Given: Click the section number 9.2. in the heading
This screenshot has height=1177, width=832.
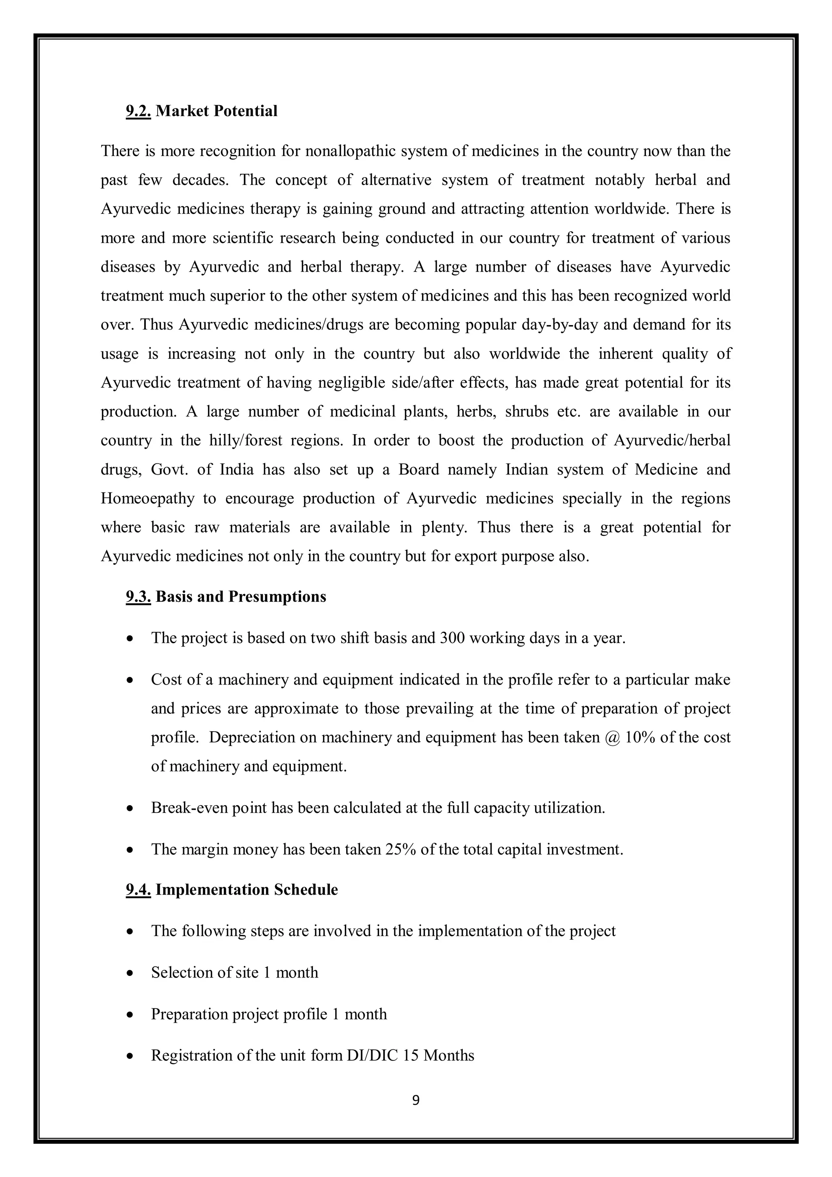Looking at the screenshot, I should pyautogui.click(x=138, y=111).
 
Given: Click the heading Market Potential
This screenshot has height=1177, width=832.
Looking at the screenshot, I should pyautogui.click(x=217, y=111).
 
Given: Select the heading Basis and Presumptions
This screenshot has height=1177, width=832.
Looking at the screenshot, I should pyautogui.click(x=240, y=597).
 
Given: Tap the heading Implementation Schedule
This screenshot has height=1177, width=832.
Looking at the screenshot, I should pyautogui.click(x=247, y=889).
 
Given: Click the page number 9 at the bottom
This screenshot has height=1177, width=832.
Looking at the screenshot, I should pyautogui.click(x=416, y=1100).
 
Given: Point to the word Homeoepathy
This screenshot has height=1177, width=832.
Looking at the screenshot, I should pyautogui.click(x=147, y=499).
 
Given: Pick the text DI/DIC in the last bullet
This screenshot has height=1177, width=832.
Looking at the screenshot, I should pyautogui.click(x=373, y=1056).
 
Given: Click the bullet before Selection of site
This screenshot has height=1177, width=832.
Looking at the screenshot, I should pyautogui.click(x=131, y=973).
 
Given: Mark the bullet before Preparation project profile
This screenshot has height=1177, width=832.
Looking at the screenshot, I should pyautogui.click(x=131, y=1015).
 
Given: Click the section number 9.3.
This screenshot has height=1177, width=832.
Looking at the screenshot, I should pyautogui.click(x=138, y=597).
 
